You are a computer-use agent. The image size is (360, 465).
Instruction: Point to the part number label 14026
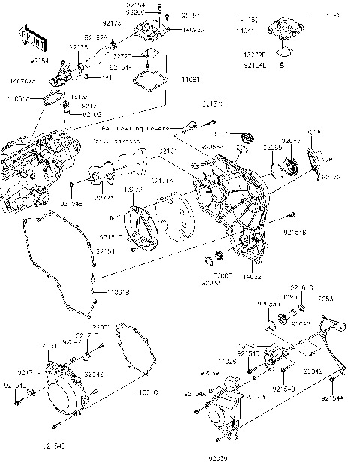227,361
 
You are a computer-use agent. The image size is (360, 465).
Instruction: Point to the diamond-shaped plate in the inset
283,51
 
